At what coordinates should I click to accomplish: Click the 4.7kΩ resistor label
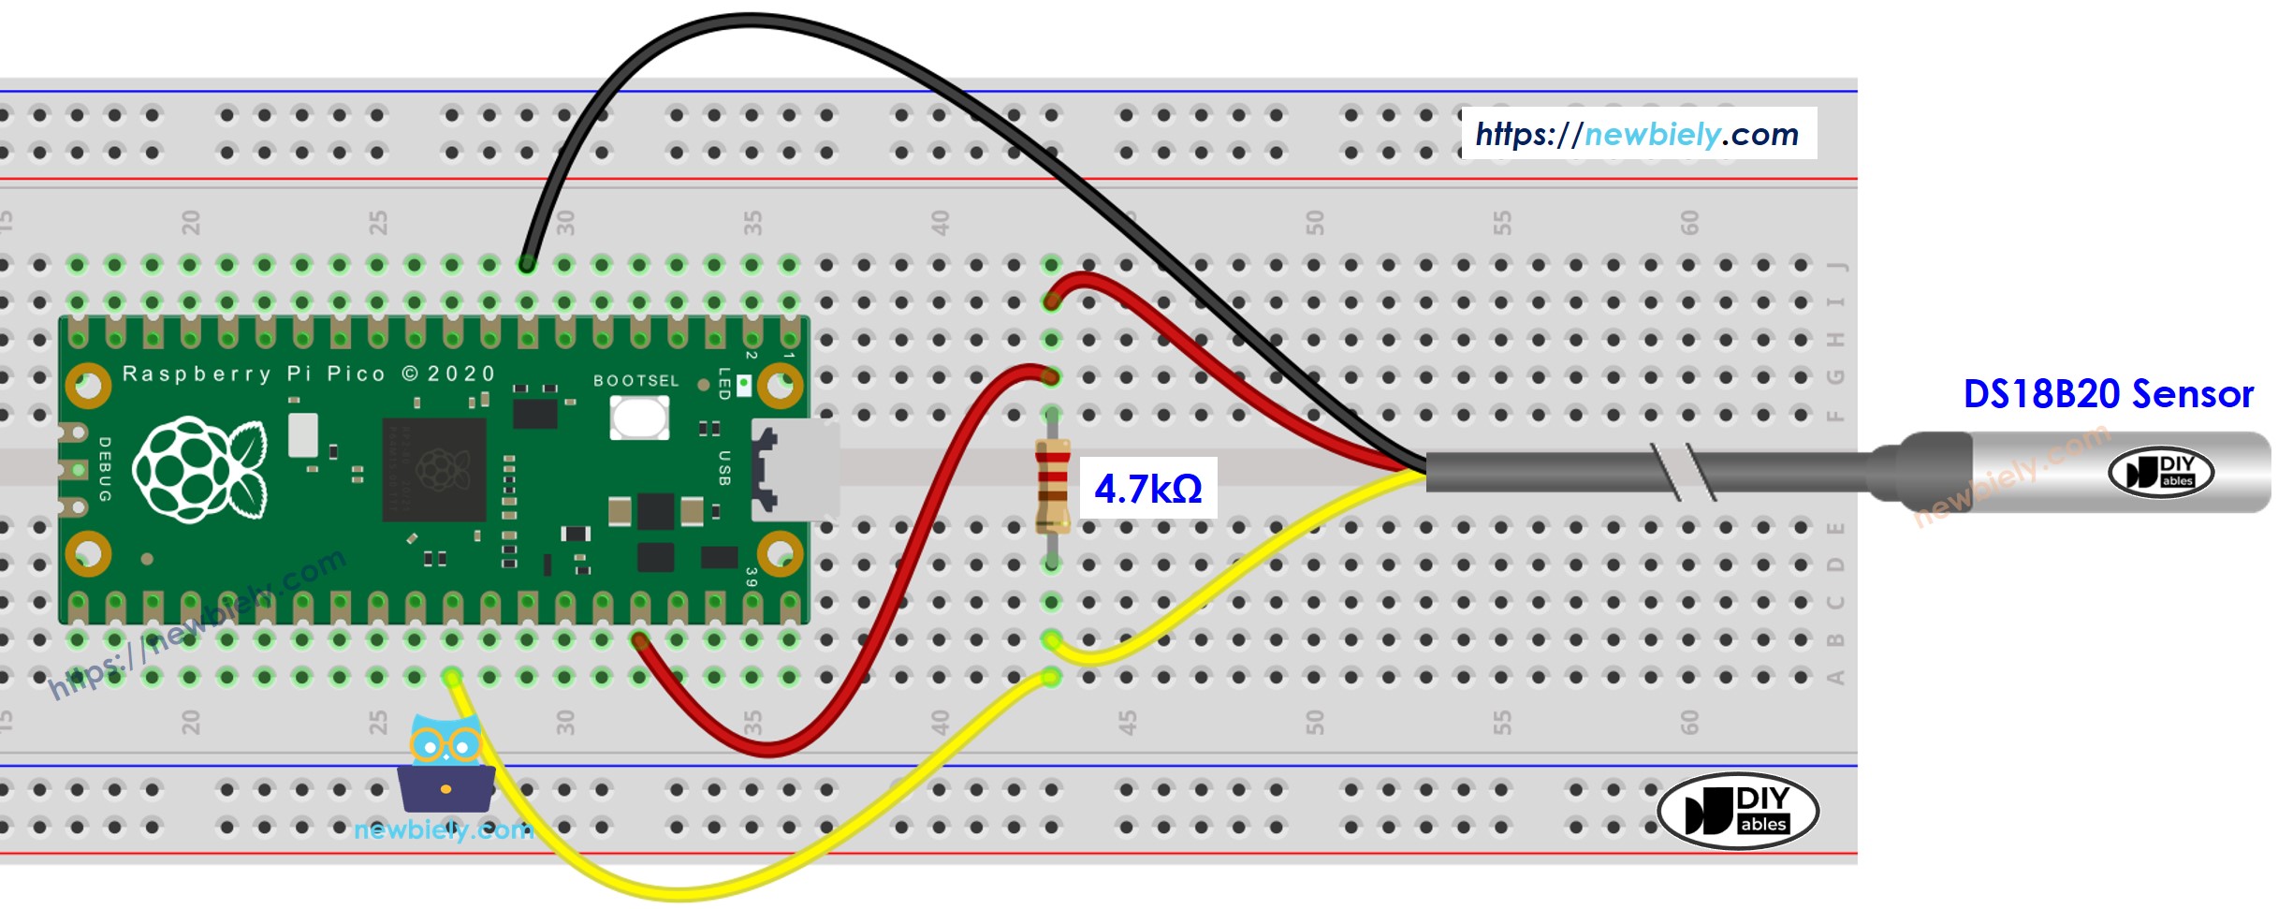point(1147,488)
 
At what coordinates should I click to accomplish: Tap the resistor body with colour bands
point(1052,486)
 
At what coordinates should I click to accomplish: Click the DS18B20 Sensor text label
point(2108,394)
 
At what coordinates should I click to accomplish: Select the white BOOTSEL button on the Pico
point(639,418)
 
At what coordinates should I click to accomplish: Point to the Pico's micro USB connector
point(795,469)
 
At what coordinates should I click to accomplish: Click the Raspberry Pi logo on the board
point(199,469)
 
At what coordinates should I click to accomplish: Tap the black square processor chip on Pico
point(434,469)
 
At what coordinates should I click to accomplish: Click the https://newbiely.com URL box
point(1638,134)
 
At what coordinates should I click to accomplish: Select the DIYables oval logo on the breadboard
point(1737,811)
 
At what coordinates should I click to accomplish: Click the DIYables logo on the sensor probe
point(2160,472)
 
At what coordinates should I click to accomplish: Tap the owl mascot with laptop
point(446,765)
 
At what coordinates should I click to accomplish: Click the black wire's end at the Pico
point(527,265)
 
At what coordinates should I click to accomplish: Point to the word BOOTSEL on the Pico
point(635,380)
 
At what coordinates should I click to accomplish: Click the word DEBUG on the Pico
point(104,469)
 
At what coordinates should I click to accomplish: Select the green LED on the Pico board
point(743,385)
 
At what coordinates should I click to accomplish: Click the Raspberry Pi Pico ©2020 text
point(309,374)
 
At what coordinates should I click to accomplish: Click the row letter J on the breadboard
point(1836,266)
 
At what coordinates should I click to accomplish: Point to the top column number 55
point(1501,223)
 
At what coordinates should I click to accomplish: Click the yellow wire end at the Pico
point(452,677)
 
